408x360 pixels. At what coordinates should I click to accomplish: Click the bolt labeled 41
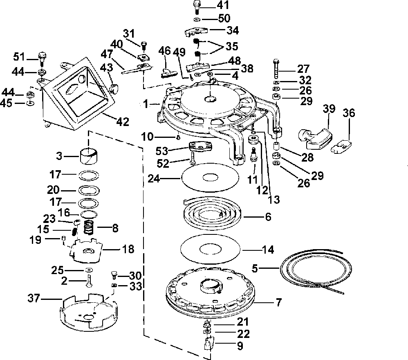point(197,7)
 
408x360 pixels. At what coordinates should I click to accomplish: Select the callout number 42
point(123,122)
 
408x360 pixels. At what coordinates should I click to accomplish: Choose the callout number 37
point(34,298)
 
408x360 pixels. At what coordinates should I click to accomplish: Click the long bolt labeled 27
point(276,69)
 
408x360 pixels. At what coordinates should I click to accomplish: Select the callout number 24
point(154,179)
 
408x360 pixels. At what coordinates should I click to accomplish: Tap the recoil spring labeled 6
point(213,212)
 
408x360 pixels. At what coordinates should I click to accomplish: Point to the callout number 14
point(268,250)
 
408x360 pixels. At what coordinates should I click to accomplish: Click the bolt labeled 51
point(42,59)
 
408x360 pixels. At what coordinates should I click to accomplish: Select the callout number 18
point(128,249)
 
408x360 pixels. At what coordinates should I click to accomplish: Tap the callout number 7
point(278,302)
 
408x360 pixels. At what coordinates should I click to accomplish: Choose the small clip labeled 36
point(341,146)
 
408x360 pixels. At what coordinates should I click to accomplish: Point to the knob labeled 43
point(114,88)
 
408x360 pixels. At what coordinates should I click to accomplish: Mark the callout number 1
point(146,104)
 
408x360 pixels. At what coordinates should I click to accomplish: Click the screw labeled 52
point(192,158)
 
